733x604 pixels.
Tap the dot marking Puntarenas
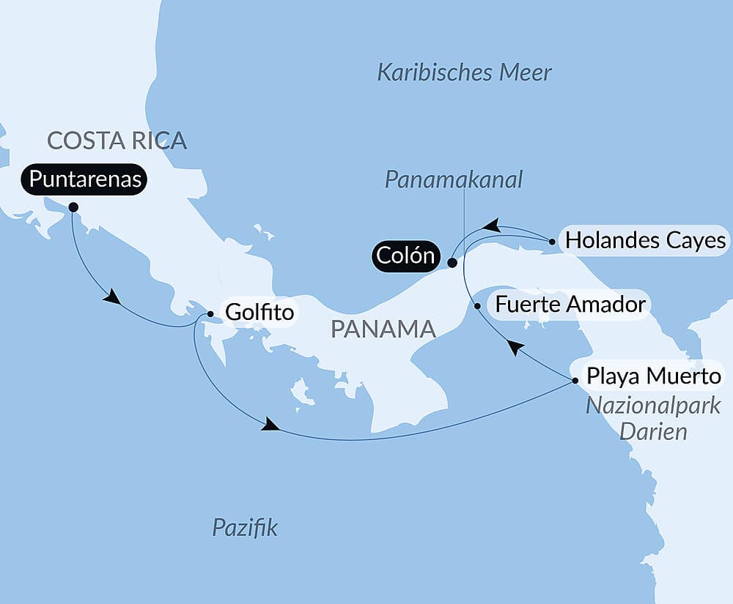[x=73, y=207]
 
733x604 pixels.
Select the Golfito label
[x=259, y=313]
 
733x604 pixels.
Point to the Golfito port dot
[x=210, y=314]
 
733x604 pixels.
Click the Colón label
[x=406, y=256]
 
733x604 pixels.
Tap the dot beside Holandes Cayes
[x=552, y=240]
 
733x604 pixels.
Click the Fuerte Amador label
[x=570, y=304]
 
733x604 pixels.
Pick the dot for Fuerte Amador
[x=478, y=307]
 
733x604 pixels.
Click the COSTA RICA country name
[x=117, y=140]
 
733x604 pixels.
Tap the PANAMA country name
[x=383, y=329]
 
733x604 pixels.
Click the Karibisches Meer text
[x=464, y=72]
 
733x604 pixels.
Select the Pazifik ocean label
[x=245, y=527]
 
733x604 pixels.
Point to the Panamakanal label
[x=454, y=180]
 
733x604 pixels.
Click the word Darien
[x=653, y=431]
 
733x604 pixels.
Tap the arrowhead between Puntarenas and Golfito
[x=111, y=297]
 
